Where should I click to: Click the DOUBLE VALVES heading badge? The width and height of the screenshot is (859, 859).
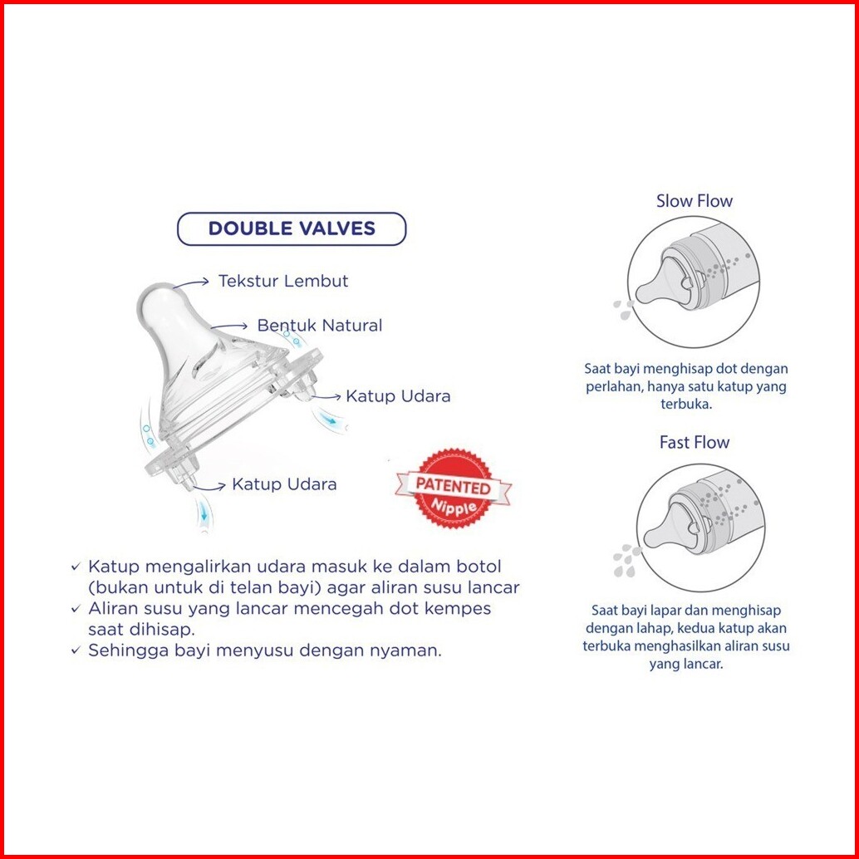coord(292,228)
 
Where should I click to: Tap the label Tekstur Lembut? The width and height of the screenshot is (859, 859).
coord(283,281)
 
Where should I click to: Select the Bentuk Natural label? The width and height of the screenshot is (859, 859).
coord(319,326)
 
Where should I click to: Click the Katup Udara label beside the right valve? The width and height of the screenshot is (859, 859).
coord(398,396)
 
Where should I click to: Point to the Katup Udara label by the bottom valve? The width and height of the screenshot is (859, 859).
coord(284,484)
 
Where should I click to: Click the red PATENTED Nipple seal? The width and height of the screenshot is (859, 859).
coord(453,488)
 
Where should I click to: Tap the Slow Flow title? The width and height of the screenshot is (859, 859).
coord(695,201)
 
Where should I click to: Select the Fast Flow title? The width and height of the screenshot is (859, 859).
coord(695,442)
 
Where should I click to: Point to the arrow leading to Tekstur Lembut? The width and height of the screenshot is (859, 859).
coord(190,282)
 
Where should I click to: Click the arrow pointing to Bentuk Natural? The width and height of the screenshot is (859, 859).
coord(229,326)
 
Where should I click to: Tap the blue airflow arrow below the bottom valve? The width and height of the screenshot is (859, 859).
coord(204,513)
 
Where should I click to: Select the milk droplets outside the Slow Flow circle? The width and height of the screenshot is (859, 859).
coord(623,310)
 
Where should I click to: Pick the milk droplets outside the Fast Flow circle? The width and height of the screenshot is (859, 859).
coord(626,561)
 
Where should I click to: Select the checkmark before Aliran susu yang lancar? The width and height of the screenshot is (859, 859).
coord(76,609)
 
